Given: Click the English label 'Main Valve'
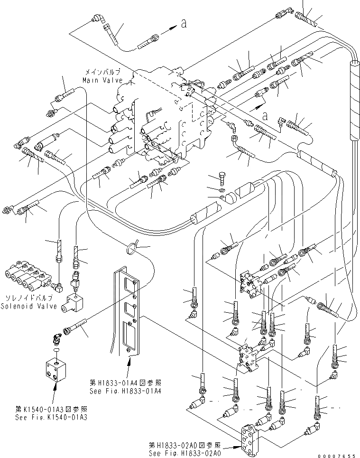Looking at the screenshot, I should click(x=102, y=80).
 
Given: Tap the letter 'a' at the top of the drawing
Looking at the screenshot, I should click(x=183, y=25).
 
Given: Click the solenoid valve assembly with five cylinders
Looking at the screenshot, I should click(x=28, y=275).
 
